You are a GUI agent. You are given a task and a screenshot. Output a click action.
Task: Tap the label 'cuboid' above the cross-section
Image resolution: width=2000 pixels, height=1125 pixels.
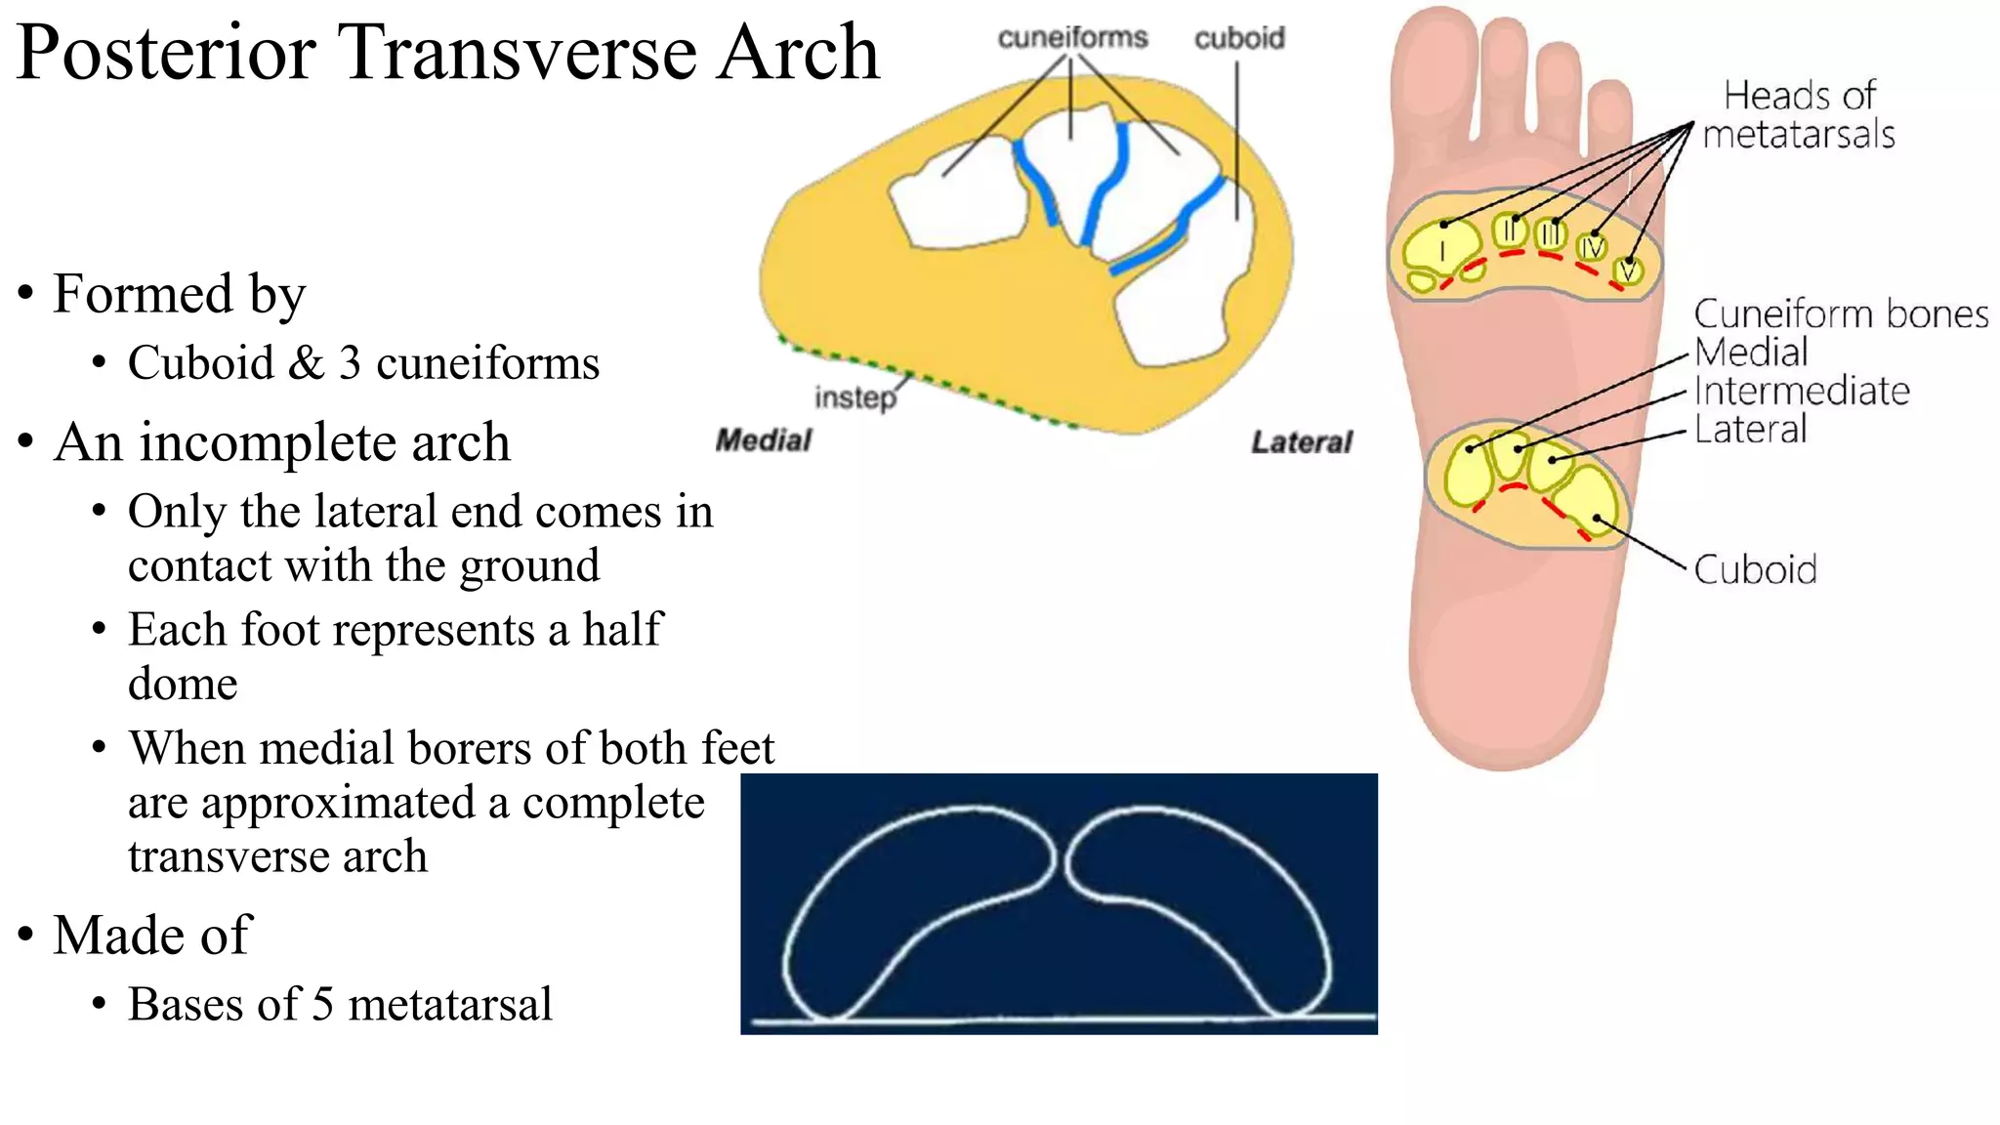tap(1239, 38)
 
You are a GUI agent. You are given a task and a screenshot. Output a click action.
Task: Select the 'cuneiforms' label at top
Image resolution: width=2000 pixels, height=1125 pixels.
tap(1072, 37)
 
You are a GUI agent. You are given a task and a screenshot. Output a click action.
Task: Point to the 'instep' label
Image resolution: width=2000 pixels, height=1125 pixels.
tap(854, 397)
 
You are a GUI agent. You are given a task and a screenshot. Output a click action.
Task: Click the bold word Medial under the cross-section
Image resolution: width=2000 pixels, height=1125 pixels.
tap(763, 440)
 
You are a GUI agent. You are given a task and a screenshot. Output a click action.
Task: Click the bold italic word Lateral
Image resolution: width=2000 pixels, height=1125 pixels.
tap(1302, 442)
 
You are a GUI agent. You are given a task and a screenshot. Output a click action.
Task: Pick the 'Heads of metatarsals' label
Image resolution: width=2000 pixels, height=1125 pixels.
tap(1798, 115)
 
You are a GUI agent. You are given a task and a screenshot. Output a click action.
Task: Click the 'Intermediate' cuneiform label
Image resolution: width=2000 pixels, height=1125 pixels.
tap(1801, 391)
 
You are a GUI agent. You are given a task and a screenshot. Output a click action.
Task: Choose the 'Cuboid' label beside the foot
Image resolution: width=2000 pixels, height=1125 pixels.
tap(1755, 569)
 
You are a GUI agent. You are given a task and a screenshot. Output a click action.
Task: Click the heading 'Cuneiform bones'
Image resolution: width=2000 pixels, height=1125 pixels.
tap(1840, 313)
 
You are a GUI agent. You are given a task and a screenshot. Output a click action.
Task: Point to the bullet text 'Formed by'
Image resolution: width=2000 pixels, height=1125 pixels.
tap(179, 294)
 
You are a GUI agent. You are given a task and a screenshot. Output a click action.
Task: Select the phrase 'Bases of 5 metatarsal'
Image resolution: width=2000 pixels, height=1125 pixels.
tap(340, 1004)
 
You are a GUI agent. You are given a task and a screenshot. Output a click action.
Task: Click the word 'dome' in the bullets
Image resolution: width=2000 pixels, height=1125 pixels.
tap(183, 684)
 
